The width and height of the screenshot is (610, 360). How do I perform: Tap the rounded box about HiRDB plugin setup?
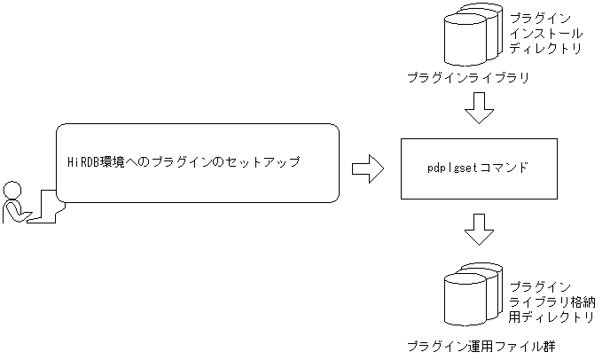[198, 162]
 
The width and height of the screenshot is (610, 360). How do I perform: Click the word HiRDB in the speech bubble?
[85, 162]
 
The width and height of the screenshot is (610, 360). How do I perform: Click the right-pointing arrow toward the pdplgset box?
[367, 168]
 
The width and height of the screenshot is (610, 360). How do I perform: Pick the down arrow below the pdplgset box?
[480, 229]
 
